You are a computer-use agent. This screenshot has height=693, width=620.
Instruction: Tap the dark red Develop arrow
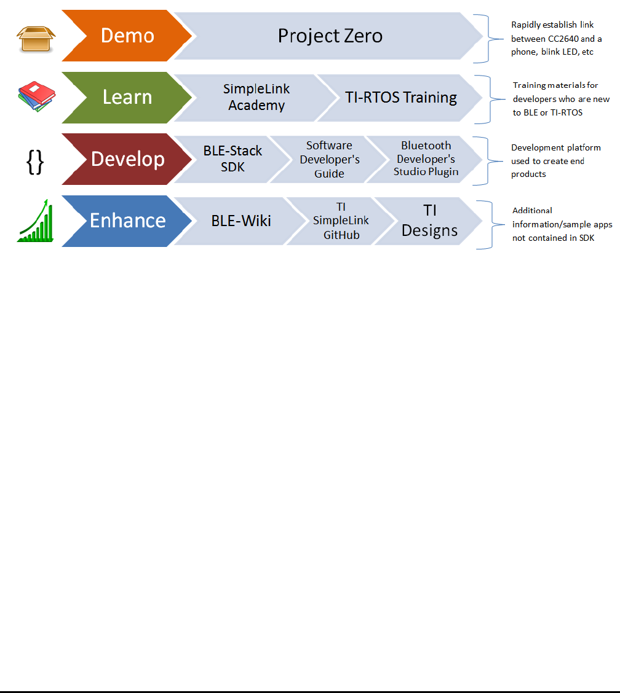pos(127,159)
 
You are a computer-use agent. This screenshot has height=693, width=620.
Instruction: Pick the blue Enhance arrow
pos(127,221)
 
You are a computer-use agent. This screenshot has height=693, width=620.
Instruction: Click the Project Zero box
pos(330,36)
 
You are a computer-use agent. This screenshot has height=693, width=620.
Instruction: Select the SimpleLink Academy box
pos(256,97)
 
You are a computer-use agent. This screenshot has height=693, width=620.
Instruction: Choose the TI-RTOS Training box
pos(400,97)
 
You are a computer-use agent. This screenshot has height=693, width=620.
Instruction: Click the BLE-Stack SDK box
pos(232,159)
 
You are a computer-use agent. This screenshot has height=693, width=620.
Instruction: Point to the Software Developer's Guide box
pos(329,159)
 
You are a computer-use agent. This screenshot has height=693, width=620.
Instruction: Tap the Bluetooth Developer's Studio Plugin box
pos(426,159)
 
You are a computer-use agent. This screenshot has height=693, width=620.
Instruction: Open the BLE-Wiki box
pos(240,221)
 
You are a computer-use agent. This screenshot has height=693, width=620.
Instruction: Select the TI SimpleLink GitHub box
pos(341,221)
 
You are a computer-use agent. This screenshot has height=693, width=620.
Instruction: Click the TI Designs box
pos(429,221)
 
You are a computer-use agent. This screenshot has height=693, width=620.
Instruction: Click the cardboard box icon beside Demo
pos(36,38)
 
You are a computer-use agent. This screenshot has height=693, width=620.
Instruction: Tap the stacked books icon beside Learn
pos(36,97)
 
